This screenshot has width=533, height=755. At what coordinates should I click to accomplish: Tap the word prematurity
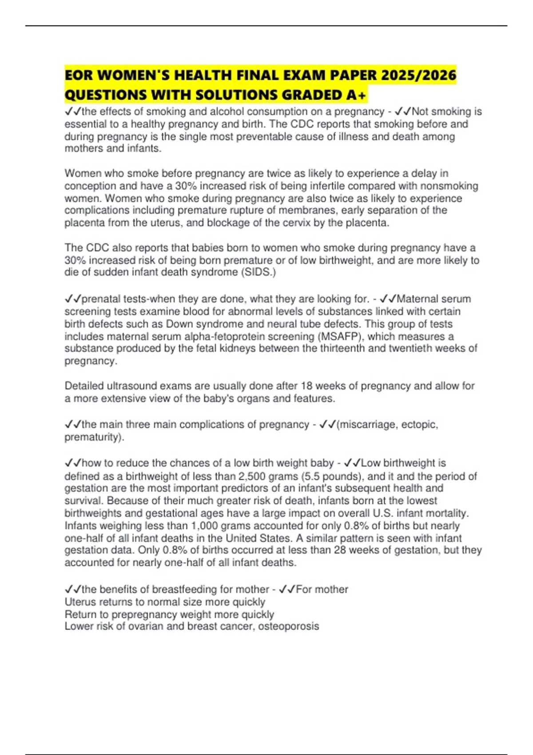point(93,437)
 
